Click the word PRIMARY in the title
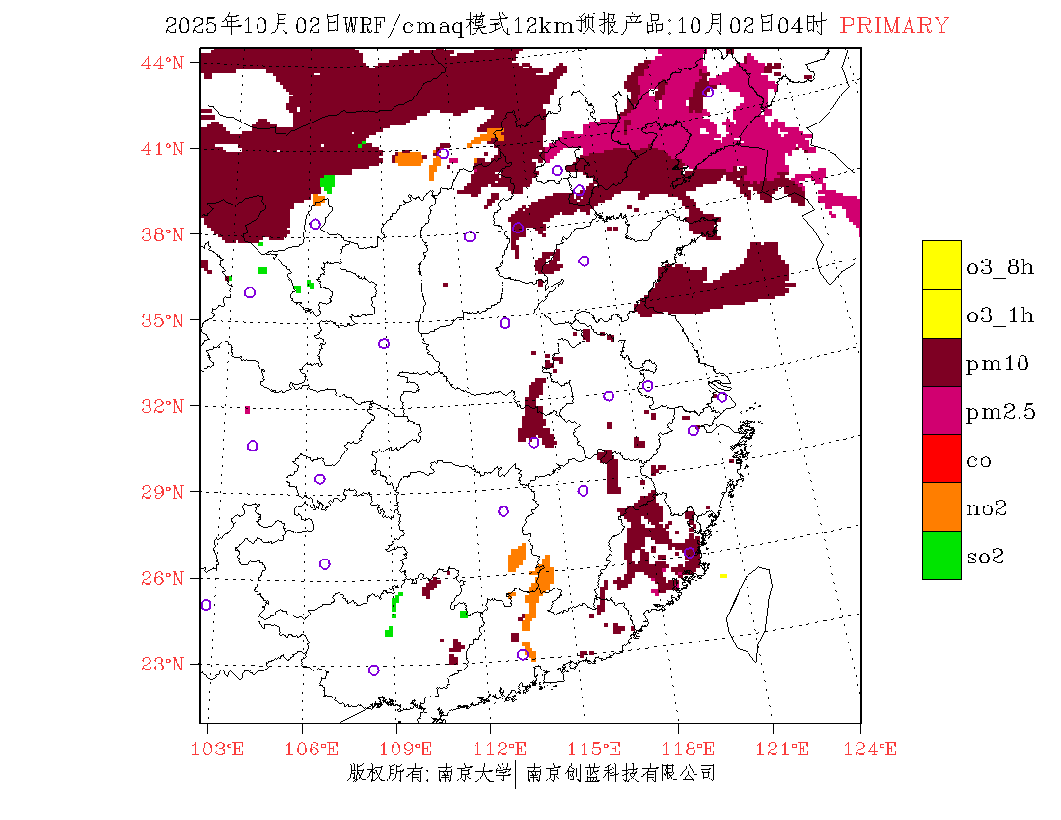click(x=894, y=26)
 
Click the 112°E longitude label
click(x=505, y=749)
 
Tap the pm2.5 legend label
click(x=1000, y=412)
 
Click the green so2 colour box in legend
click(x=941, y=555)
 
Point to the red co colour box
click(x=941, y=458)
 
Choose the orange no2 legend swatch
click(x=941, y=506)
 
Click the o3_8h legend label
click(x=1000, y=267)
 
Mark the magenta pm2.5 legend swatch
click(x=941, y=410)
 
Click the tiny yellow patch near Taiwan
click(x=722, y=576)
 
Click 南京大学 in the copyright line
click(x=473, y=773)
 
